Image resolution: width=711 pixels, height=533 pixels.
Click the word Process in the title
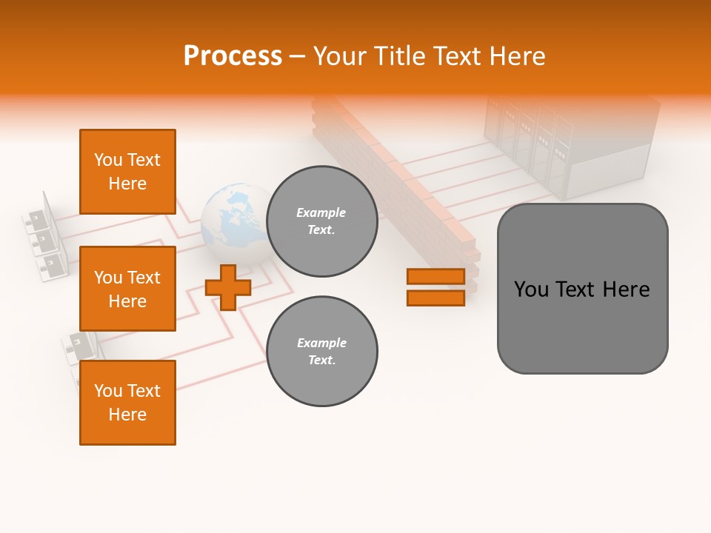pos(233,56)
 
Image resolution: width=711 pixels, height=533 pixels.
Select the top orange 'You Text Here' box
pos(127,172)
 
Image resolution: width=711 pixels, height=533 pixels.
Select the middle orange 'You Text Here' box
pos(127,289)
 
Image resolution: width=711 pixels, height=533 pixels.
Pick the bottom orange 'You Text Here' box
pos(127,403)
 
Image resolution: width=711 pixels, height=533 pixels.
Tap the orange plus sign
pos(228,287)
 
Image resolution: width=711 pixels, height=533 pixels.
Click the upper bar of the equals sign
pos(435,276)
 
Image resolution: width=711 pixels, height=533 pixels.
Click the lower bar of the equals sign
pos(435,298)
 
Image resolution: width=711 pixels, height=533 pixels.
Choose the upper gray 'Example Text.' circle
pos(321,221)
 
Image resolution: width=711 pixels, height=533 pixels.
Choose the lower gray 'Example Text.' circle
pos(321,352)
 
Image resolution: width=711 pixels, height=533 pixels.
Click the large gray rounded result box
pos(582,289)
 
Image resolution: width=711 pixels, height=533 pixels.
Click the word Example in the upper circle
pos(321,212)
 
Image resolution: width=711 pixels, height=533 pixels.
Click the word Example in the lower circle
pos(321,343)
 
